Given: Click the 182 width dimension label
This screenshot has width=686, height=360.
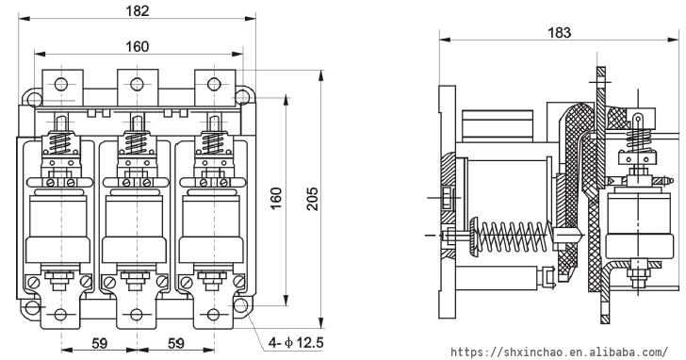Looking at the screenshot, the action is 138,11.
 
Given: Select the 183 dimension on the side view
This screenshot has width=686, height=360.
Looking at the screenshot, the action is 559,32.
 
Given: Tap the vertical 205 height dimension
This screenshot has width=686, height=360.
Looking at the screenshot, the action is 313,199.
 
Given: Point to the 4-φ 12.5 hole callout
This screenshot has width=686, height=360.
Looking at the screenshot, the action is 296,342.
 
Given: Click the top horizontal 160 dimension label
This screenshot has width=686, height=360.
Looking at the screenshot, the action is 138,46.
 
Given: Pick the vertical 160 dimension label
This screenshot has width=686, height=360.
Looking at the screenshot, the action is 276,198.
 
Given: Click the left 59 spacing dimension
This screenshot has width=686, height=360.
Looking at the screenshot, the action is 99,343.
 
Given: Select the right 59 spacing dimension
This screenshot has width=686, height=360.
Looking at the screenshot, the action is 176,343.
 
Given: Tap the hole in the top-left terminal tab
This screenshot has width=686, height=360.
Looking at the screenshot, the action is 61,84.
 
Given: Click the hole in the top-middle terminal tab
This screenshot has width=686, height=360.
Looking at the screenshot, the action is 137,84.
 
